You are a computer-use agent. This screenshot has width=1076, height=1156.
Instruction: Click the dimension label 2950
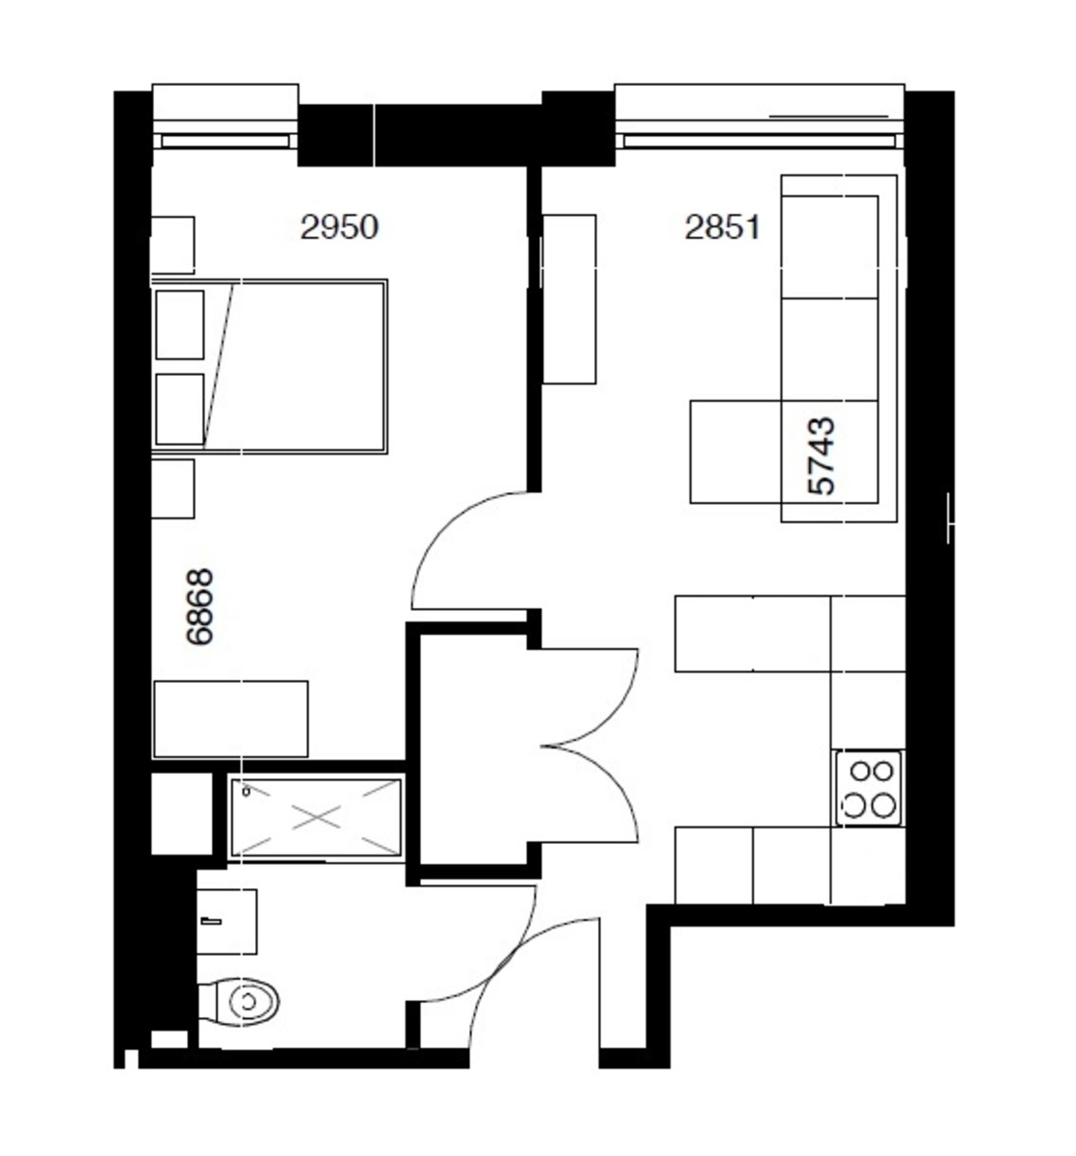point(339,228)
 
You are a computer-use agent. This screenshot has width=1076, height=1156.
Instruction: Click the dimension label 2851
point(722,228)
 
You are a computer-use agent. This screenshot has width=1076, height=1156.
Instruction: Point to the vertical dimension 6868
point(200,606)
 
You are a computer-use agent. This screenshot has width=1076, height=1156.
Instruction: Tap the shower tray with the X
point(316,817)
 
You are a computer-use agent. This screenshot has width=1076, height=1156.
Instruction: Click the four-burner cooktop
point(869,789)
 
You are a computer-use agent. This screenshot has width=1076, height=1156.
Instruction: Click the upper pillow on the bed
point(180,325)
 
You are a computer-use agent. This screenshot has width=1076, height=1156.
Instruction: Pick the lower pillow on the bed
point(180,409)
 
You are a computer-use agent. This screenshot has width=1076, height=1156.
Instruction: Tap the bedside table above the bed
point(173,245)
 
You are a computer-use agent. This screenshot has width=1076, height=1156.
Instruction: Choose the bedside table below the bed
point(173,488)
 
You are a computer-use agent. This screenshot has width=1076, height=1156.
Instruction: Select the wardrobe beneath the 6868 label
point(231,719)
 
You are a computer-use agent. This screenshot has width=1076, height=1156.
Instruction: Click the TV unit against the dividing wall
point(569,299)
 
